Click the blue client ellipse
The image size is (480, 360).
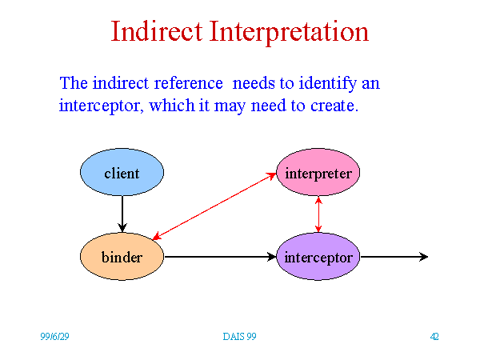122,172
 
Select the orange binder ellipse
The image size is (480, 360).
122,257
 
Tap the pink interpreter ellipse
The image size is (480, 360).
318,172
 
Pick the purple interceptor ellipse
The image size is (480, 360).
318,257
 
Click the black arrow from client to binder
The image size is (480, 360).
122,214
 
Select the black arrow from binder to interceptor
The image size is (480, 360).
220,257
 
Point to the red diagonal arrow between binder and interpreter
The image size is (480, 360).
214,206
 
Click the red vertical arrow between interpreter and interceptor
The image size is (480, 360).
318,214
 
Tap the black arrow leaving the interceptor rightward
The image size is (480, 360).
394,257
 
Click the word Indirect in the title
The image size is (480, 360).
157,31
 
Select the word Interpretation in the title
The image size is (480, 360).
289,32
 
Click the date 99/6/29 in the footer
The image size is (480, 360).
54,337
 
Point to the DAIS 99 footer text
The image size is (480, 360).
239,337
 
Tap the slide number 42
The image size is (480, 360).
434,337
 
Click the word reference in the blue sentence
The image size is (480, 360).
188,83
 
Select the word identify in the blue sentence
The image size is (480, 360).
328,84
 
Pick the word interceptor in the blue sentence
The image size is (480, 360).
101,106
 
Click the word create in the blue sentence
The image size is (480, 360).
334,106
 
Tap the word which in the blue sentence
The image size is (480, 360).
172,106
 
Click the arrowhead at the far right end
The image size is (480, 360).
424,257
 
